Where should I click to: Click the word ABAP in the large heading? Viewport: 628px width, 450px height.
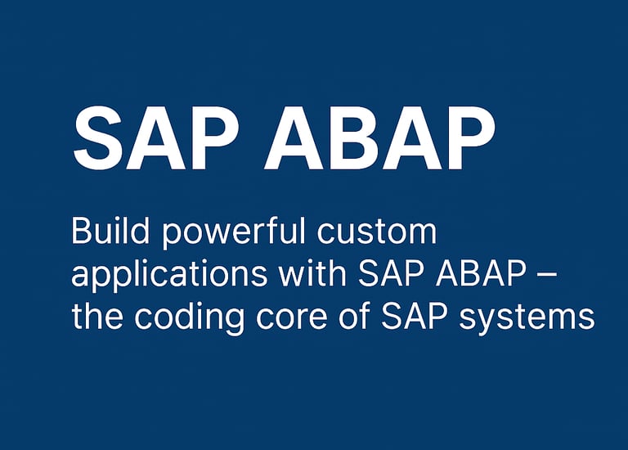(379, 138)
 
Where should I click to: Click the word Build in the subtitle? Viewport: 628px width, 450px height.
(110, 231)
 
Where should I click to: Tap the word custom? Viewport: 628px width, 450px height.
(377, 234)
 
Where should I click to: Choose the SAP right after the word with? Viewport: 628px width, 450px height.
(391, 273)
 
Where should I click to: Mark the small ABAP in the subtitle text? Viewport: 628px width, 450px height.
(481, 273)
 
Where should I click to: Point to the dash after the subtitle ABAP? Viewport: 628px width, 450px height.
(546, 276)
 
